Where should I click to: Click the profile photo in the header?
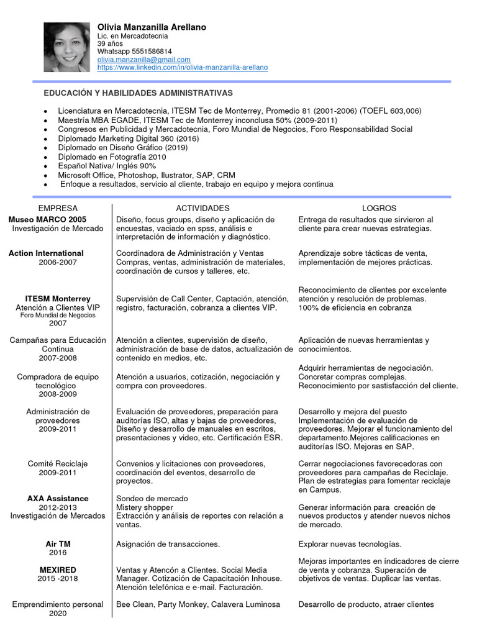click(66, 47)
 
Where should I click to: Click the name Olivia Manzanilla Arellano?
click(152, 27)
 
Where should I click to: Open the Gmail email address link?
click(144, 60)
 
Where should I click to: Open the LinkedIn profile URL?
click(183, 67)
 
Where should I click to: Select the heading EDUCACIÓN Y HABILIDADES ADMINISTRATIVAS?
click(138, 93)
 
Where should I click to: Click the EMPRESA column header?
click(58, 208)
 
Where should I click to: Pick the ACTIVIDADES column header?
click(202, 208)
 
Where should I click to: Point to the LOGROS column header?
click(379, 208)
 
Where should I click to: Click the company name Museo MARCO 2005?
click(48, 220)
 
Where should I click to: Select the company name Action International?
click(46, 253)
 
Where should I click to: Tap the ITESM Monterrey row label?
click(58, 299)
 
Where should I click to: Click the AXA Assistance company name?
click(58, 499)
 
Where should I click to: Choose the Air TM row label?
click(58, 544)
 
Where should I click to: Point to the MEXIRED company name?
click(58, 570)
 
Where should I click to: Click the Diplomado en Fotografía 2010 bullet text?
click(108, 157)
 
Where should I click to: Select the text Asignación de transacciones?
click(168, 544)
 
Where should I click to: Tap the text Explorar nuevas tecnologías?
click(350, 544)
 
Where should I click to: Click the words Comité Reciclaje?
click(58, 464)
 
